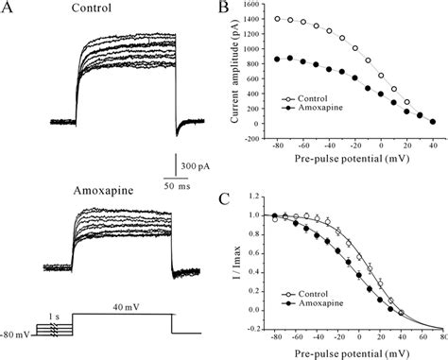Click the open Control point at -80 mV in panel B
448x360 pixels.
(302, 19)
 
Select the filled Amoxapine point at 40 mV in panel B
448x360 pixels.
(432, 122)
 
